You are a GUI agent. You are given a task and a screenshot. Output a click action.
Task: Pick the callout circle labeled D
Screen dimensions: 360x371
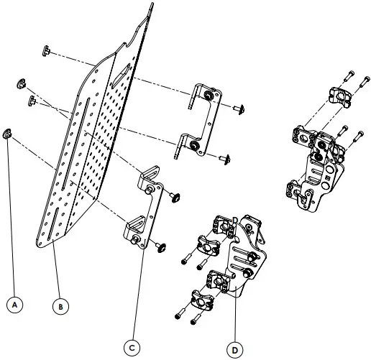pyautogui.click(x=234, y=349)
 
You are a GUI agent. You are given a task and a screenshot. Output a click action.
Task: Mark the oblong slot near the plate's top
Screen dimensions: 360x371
pyautogui.click(x=122, y=69)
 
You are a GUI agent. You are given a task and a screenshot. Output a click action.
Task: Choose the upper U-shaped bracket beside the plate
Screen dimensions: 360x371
pyautogui.click(x=201, y=119)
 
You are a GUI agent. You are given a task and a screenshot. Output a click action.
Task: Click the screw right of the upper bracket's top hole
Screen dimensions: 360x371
pyautogui.click(x=239, y=109)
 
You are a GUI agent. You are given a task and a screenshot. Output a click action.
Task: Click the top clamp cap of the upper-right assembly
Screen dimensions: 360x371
pyautogui.click(x=339, y=93)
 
